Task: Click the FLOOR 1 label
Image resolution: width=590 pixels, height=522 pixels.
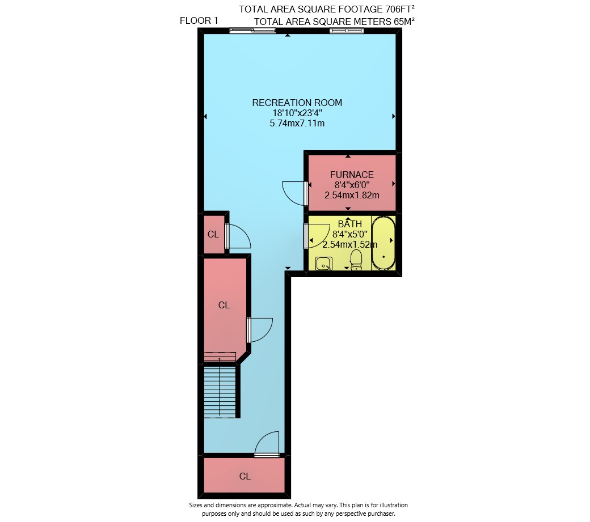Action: click(x=199, y=20)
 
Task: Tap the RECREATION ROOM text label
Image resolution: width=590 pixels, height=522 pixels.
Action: click(x=297, y=103)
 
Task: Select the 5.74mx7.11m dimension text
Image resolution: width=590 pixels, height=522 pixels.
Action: click(x=297, y=123)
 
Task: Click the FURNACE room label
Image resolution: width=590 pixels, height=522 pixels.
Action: click(x=352, y=175)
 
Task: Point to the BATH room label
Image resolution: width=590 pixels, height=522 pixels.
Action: click(x=349, y=224)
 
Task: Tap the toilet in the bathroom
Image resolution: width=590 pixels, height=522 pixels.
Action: click(x=356, y=260)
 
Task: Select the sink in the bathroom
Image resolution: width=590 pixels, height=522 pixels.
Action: click(x=323, y=264)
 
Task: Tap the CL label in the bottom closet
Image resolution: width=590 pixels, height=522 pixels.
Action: click(x=245, y=477)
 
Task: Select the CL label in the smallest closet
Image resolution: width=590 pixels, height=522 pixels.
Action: click(x=213, y=235)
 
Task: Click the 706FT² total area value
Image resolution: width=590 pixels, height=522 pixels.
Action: click(x=400, y=9)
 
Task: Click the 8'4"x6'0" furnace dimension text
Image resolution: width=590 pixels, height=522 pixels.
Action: click(x=352, y=185)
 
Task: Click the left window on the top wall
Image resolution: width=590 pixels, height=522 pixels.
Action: click(x=253, y=31)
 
